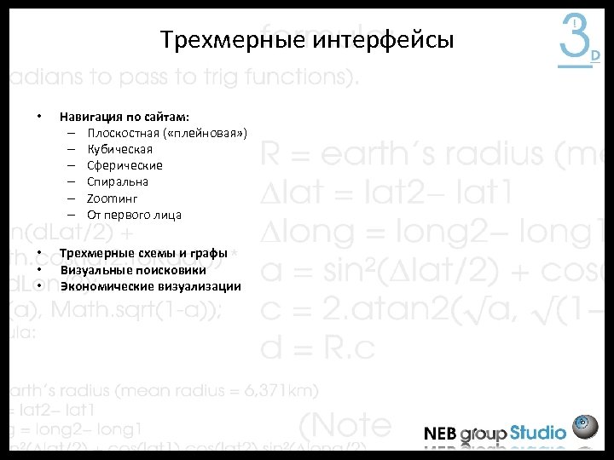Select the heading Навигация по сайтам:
pyautogui.click(x=125, y=116)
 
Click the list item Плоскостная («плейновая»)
pyautogui.click(x=167, y=133)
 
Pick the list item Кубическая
pyautogui.click(x=119, y=149)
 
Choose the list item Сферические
pyautogui.click(x=125, y=165)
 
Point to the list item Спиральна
pyautogui.click(x=118, y=181)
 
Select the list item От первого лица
pyautogui.click(x=134, y=214)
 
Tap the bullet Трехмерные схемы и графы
pyautogui.click(x=143, y=253)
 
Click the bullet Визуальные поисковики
pyautogui.click(x=132, y=269)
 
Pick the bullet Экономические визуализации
pyautogui.click(x=150, y=285)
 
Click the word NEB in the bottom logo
pyautogui.click(x=441, y=433)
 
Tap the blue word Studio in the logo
pyautogui.click(x=538, y=432)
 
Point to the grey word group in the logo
pyautogui.click(x=484, y=434)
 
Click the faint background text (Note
pyautogui.click(x=345, y=423)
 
